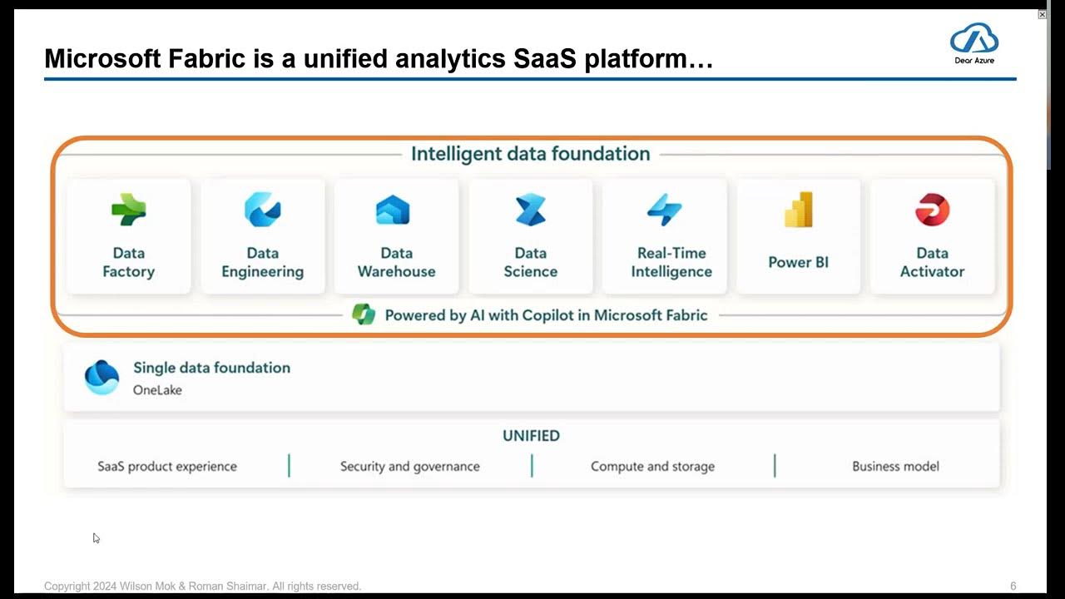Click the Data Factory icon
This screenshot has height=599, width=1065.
point(129,210)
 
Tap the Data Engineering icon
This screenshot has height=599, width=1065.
point(262,210)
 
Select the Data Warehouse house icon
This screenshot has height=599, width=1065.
point(393,210)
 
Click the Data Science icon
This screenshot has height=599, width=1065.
point(530,210)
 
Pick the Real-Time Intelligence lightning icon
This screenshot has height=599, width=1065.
point(665,210)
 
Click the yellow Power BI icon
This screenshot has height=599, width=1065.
point(798,210)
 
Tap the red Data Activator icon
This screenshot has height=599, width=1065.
point(932,210)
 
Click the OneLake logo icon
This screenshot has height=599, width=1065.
point(102,377)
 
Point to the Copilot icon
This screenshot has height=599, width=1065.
point(364,314)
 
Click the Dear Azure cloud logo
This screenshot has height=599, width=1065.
point(973,40)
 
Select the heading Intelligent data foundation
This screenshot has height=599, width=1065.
point(531,154)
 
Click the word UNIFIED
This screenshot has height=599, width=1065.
point(531,435)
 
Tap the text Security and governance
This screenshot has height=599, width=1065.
point(409,466)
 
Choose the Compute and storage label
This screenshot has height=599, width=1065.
point(652,466)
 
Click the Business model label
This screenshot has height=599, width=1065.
point(895,466)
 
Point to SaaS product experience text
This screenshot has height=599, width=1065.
point(167,466)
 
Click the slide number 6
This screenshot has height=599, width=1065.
point(1013,586)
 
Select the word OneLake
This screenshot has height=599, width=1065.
point(157,389)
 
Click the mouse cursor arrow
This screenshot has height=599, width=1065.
point(96,537)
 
